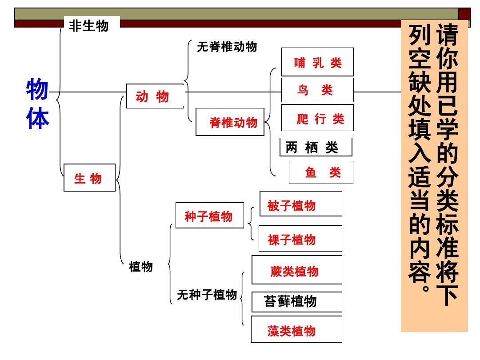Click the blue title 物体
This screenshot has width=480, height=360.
37,104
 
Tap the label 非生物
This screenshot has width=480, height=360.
89,26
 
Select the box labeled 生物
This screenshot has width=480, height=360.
89,178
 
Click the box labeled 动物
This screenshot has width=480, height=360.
155,96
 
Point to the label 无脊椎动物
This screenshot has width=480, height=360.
227,47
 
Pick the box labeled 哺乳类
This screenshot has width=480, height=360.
317,62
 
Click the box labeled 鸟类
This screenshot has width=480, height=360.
317,90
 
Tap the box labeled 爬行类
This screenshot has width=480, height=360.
317,118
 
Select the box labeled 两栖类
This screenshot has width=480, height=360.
316,147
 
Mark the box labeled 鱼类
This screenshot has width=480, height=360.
321,172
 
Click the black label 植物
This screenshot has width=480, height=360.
141,266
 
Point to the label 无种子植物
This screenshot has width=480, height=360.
207,294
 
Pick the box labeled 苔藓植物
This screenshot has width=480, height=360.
296,302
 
